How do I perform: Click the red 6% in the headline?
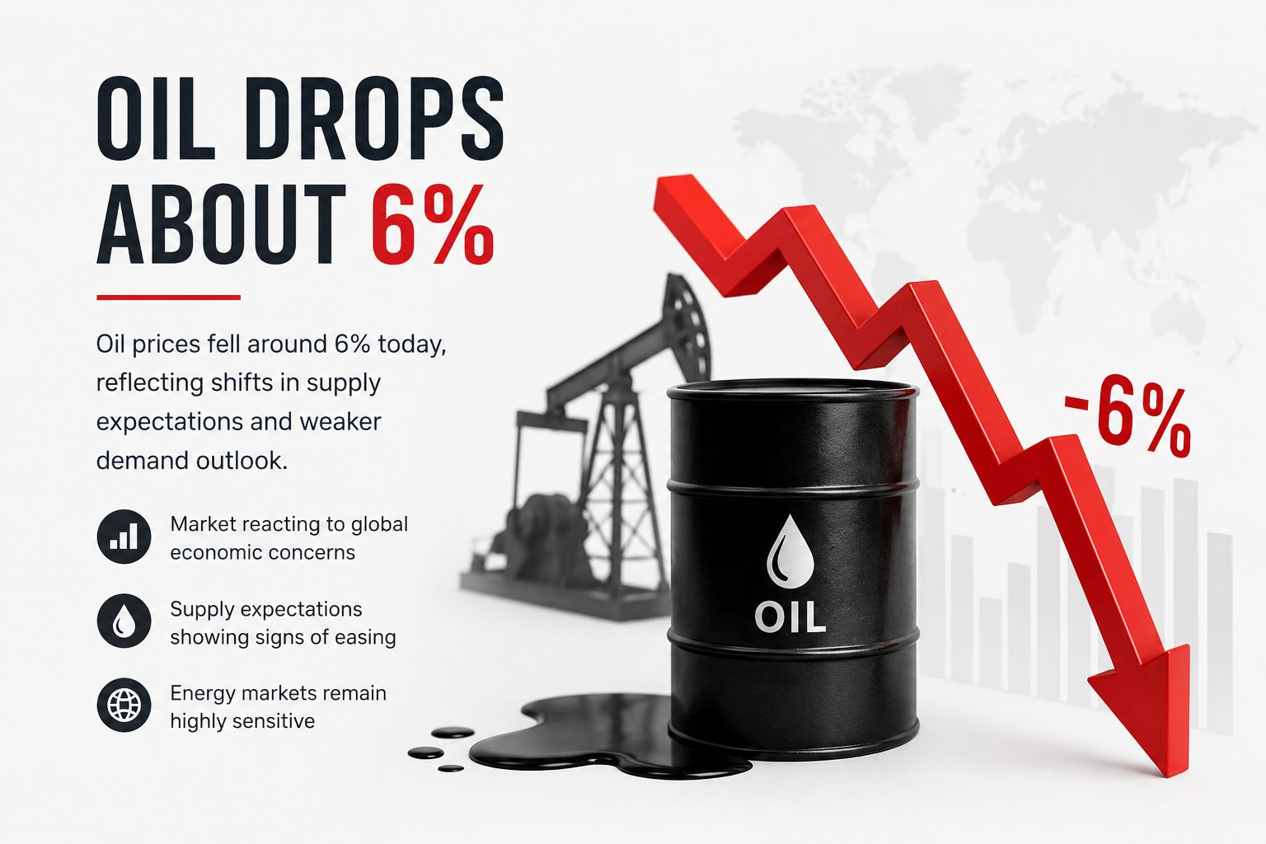[433, 224]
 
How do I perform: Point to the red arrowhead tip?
[1181, 776]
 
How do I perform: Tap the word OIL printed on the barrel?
[790, 618]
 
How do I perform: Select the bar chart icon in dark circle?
[124, 537]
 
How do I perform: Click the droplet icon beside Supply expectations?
[124, 621]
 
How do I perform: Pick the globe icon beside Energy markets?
[124, 705]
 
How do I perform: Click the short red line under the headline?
[168, 298]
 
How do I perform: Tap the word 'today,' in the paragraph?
[411, 345]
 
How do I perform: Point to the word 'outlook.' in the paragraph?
[242, 461]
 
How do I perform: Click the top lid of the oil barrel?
[792, 391]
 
